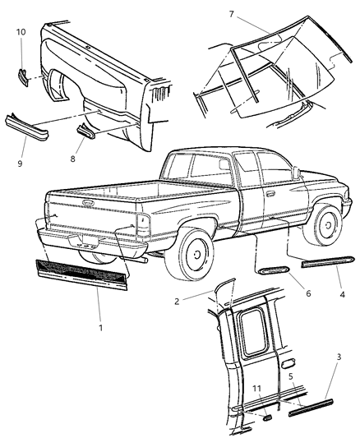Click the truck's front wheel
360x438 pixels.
(x=323, y=227)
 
